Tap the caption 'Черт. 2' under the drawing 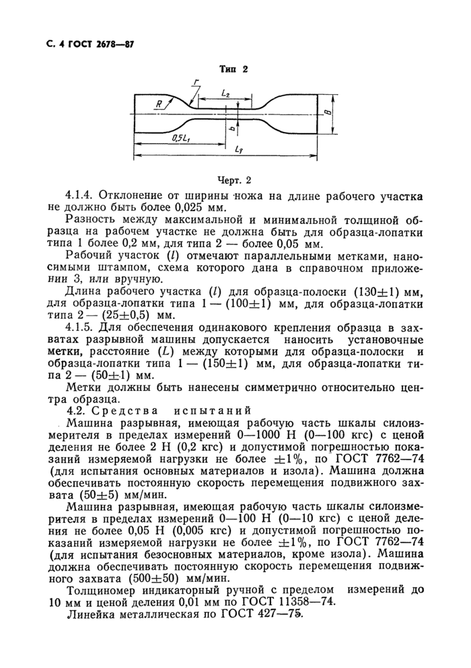coord(233,180)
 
